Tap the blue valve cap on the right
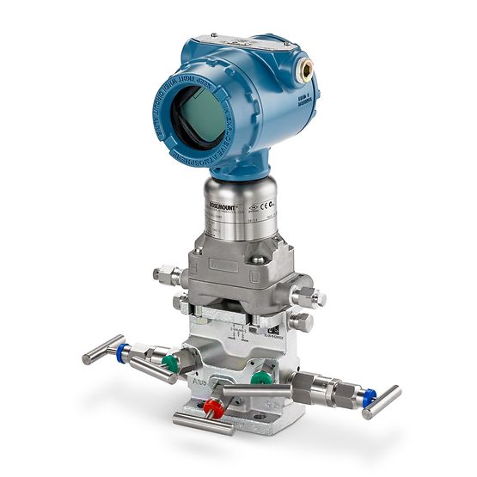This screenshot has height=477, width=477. pos(370,397)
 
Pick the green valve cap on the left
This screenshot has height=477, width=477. pos(173,364)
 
